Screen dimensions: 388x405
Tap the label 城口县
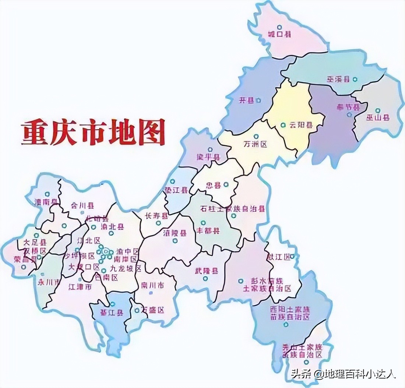279,35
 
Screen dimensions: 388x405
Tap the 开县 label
246,100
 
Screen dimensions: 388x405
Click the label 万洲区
255,145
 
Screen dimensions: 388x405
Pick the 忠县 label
214,186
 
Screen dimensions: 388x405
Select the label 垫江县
176,190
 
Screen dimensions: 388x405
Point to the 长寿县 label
156,216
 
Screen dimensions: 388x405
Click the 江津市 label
80,287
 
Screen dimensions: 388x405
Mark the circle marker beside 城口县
279,27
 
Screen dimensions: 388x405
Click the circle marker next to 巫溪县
355,79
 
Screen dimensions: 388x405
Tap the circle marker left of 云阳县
283,125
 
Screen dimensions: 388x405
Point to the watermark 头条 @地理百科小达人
343,374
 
